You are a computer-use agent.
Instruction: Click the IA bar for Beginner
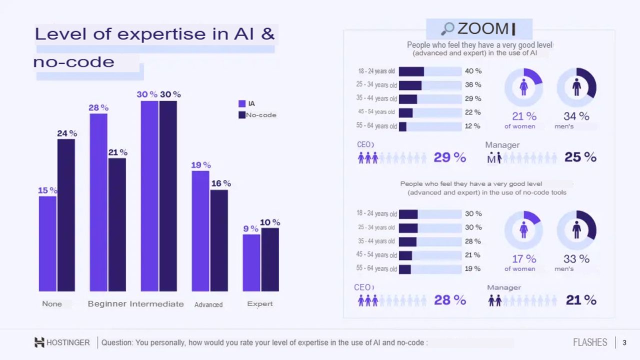point(98,202)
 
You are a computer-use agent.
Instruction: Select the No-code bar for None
point(66,215)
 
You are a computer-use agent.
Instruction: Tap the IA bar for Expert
point(251,262)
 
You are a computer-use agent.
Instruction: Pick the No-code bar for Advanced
point(219,240)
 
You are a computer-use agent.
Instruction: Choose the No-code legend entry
point(257,115)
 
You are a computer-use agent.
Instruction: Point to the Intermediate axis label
point(156,304)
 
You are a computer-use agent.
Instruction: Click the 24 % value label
point(67,133)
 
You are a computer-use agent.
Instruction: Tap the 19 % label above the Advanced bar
point(201,165)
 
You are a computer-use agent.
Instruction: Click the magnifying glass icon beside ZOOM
point(447,29)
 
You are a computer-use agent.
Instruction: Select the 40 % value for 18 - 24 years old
point(473,71)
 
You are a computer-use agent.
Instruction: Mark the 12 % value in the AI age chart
point(472,126)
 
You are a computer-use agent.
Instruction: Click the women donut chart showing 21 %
point(523,87)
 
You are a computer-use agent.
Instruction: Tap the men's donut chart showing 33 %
point(576,230)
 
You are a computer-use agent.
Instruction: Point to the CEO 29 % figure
point(449,157)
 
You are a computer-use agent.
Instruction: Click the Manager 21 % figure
point(581,300)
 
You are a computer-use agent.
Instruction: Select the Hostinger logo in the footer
point(39,342)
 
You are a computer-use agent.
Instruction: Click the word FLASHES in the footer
point(590,342)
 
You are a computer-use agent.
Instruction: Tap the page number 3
point(624,342)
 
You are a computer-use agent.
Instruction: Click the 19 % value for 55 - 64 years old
point(472,268)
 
